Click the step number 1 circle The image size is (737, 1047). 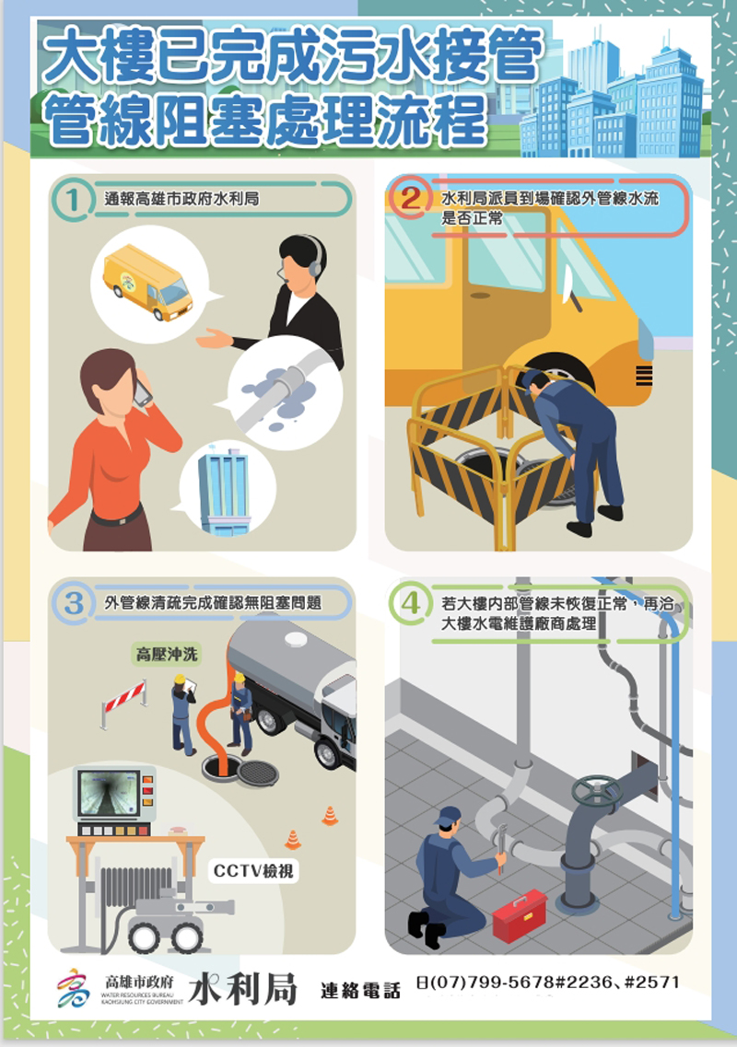73,199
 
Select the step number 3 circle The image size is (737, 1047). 73,604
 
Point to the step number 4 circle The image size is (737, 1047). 410,604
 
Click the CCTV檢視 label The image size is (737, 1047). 253,871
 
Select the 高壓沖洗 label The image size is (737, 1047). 167,655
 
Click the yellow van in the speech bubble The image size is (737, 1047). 147,283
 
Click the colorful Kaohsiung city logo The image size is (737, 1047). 74,988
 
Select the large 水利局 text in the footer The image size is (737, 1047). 242,988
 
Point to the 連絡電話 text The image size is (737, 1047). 361,991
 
